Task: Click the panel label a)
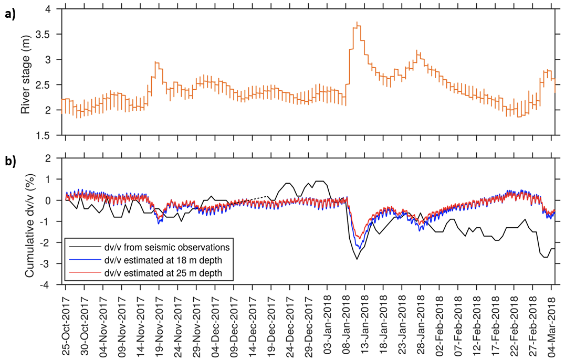pos(10,14)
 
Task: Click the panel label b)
pos(10,162)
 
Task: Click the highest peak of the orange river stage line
pos(357,23)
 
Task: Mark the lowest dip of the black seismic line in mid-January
pos(357,259)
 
